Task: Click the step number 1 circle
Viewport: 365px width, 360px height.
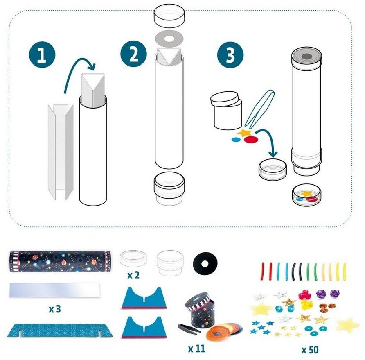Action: point(42,55)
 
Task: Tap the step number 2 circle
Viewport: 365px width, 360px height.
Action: point(134,54)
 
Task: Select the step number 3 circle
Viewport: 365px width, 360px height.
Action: point(230,55)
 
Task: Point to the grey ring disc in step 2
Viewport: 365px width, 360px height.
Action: point(169,38)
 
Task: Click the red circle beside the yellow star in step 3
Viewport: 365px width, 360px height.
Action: point(251,140)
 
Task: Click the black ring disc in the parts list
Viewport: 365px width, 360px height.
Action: point(205,263)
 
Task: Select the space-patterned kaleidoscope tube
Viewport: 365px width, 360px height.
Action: point(60,262)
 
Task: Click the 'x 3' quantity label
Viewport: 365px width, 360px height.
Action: point(55,309)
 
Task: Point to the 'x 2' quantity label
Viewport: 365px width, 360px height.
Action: point(133,275)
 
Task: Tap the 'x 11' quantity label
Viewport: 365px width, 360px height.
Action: point(197,349)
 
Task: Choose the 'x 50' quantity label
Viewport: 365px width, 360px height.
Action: point(310,350)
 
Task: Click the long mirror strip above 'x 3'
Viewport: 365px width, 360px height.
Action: point(54,290)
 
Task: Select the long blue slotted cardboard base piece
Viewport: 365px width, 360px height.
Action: point(60,331)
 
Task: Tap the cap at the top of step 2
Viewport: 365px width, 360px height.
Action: point(169,16)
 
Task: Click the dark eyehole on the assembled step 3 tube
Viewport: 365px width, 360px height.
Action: point(306,57)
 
